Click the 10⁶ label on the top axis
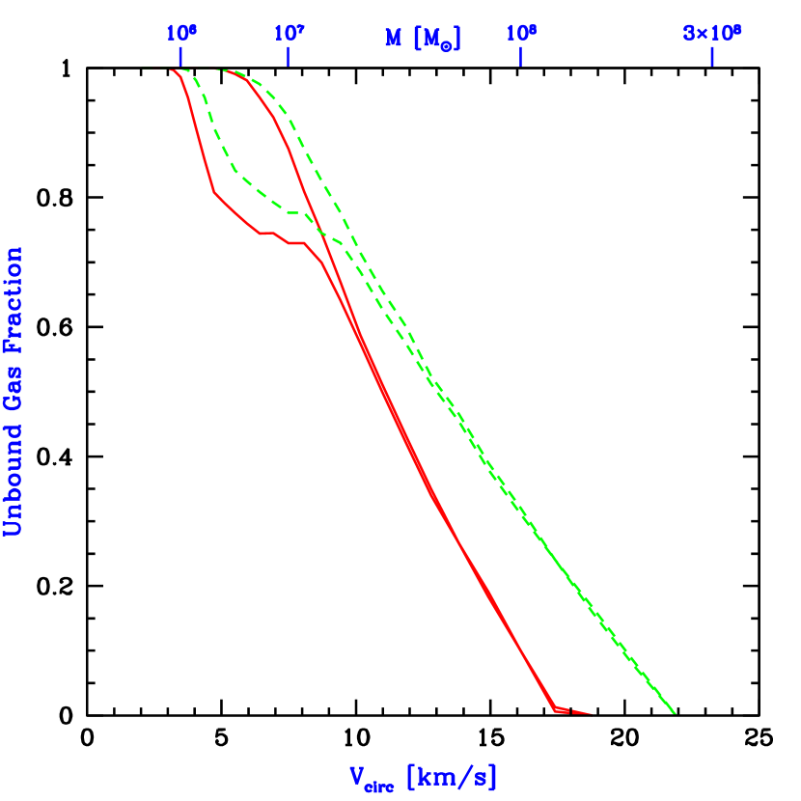[180, 34]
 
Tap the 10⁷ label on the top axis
[289, 34]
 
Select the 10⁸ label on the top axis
[521, 34]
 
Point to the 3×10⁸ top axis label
[712, 34]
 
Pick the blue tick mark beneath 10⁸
[521, 58]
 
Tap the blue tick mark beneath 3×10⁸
[712, 58]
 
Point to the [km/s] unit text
[452, 776]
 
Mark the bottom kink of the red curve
[556, 710]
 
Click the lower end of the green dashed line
[673, 712]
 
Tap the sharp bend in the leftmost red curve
[214, 194]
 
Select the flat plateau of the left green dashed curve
[290, 209]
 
